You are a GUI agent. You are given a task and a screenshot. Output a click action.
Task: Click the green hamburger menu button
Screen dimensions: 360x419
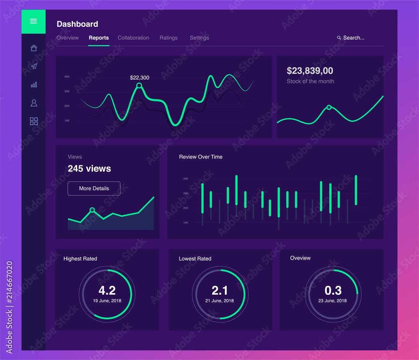(34, 21)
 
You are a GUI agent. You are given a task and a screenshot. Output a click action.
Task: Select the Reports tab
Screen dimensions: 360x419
(98, 38)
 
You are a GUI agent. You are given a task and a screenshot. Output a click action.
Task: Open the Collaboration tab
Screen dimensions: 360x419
(133, 38)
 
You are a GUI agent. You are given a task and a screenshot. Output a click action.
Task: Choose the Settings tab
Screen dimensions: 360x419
(199, 38)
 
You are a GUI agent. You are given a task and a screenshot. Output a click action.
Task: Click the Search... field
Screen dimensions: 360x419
(353, 38)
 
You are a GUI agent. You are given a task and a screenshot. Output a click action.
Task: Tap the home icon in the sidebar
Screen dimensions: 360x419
(34, 48)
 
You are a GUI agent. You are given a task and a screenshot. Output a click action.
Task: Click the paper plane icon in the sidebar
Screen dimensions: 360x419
(34, 66)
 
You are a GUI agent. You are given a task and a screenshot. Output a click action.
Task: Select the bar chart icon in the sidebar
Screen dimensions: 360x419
(34, 85)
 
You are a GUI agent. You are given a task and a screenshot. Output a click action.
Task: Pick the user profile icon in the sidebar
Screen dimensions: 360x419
(34, 103)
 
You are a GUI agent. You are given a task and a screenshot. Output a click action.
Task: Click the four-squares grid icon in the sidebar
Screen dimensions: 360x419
(34, 121)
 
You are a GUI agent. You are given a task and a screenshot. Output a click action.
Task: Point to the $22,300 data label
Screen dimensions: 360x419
(140, 77)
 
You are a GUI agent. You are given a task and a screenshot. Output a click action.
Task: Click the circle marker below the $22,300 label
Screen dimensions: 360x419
(139, 86)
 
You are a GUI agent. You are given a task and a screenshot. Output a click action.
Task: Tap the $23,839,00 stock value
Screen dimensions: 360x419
(310, 71)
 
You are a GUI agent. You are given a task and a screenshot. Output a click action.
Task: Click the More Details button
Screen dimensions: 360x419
(94, 188)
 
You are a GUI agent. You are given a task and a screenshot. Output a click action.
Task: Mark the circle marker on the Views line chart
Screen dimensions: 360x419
(92, 210)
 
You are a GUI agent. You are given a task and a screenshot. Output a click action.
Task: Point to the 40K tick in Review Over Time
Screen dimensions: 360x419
(185, 179)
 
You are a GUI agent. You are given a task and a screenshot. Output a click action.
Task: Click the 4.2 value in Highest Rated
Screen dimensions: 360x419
(107, 291)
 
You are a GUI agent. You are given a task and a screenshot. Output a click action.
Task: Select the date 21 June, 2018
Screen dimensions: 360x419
(220, 301)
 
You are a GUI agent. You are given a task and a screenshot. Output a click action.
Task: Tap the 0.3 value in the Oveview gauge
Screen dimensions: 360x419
(333, 291)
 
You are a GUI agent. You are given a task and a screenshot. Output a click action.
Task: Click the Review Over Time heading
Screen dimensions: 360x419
(201, 157)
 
